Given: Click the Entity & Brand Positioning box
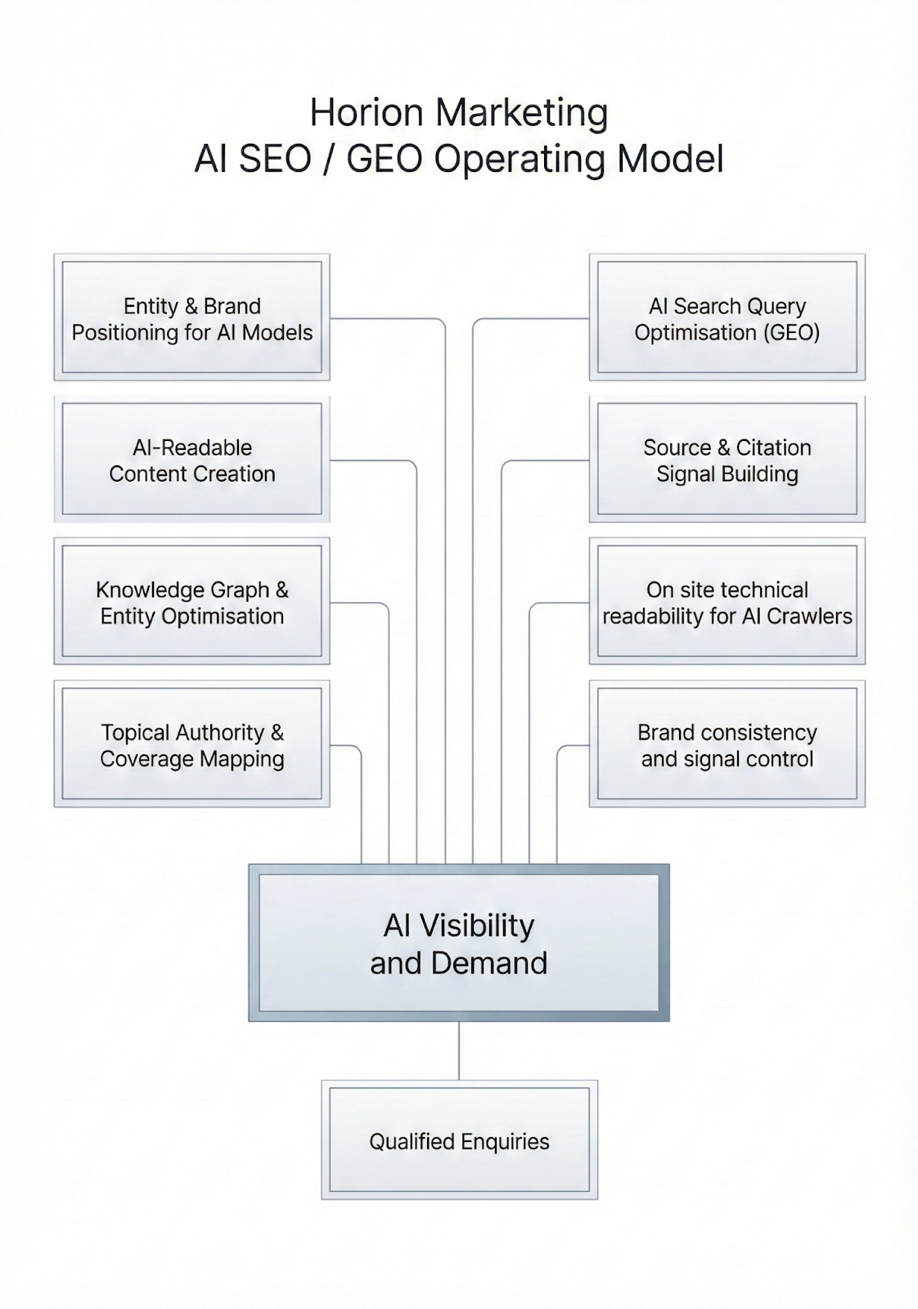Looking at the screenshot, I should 191,318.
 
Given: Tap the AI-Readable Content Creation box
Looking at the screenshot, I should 191,460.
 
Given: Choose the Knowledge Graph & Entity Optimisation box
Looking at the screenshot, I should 191,602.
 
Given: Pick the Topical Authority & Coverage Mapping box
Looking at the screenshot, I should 191,744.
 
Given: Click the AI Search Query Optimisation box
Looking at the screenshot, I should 727,318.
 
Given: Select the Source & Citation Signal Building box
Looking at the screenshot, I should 727,460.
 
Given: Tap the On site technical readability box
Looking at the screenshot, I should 727,602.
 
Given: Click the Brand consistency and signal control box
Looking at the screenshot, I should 727,744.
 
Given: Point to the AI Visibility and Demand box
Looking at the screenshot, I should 458,943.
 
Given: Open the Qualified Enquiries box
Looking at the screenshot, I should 459,1140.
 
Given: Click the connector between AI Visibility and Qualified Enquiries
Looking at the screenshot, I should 459,1050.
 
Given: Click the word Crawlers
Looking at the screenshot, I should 809,616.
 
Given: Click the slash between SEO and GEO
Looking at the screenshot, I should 329,159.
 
